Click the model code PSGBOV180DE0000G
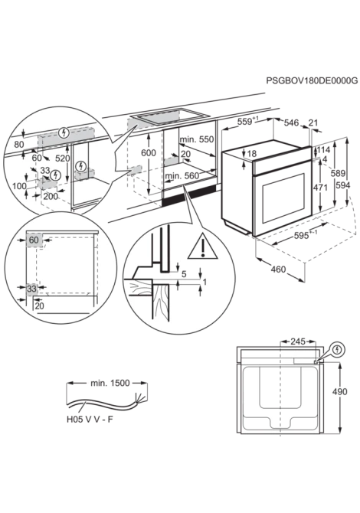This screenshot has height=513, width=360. (x=312, y=80)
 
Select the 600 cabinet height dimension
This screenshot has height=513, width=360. (x=149, y=152)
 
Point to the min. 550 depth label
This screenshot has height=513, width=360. (x=196, y=139)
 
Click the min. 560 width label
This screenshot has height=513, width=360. (x=182, y=176)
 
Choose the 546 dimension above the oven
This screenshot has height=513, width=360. (x=291, y=123)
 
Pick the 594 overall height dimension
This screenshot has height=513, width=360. (x=343, y=185)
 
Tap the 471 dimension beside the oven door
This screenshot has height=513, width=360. (x=320, y=188)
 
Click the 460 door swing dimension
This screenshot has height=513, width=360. (x=278, y=270)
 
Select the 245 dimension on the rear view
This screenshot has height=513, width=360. (x=298, y=342)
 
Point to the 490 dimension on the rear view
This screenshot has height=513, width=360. (x=340, y=391)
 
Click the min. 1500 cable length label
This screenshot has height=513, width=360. (x=110, y=383)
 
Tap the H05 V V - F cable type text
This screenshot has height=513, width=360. (x=90, y=420)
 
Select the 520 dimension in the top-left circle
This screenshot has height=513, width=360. (x=63, y=158)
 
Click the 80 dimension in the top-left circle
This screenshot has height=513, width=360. (x=19, y=144)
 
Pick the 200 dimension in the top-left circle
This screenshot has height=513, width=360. (x=51, y=196)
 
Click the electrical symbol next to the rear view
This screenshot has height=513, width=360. (x=338, y=351)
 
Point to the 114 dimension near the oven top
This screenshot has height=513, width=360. (x=323, y=150)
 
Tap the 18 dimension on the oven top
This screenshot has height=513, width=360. (x=252, y=153)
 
